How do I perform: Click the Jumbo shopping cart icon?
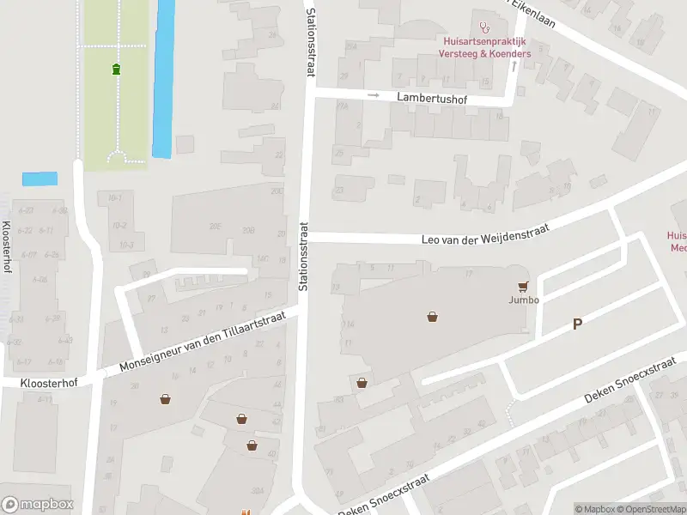[522, 286]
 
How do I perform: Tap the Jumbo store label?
[522, 300]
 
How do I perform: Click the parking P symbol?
[578, 324]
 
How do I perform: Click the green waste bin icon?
[116, 69]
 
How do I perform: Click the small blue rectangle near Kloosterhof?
[40, 179]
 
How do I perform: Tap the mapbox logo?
[37, 505]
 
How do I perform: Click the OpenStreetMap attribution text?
[648, 509]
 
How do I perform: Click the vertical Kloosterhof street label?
[7, 247]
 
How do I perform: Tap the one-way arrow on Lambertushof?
[373, 95]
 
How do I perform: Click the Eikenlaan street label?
[534, 13]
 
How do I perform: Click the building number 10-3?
[126, 245]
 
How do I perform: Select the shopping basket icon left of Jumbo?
[433, 317]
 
